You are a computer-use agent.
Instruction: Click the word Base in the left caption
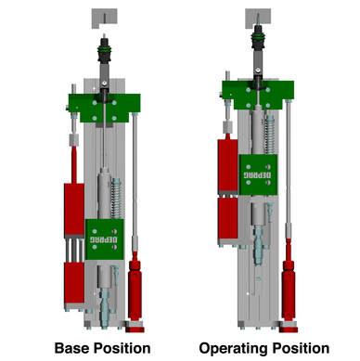(73, 349)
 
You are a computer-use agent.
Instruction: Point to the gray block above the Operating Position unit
(261, 17)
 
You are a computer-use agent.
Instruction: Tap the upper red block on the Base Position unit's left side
(72, 209)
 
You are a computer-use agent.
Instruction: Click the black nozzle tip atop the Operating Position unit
(261, 40)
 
